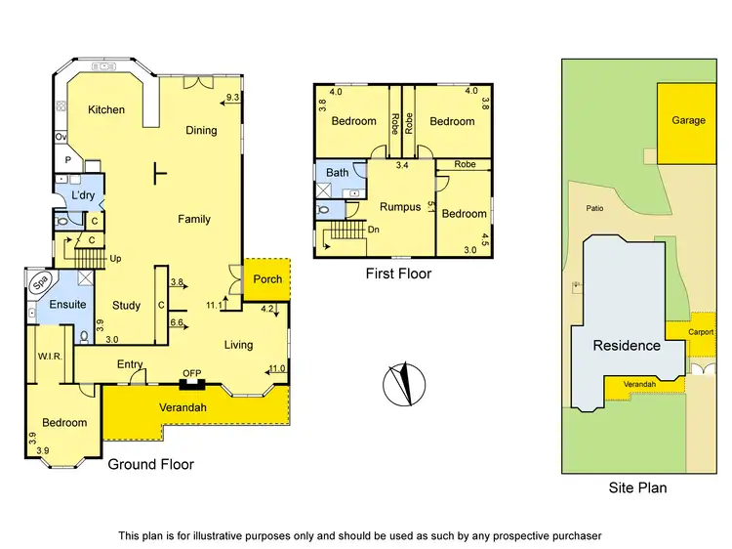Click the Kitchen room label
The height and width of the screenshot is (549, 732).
click(x=106, y=109)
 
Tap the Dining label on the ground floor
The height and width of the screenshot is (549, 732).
click(x=201, y=130)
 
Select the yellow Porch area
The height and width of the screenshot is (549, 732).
click(x=266, y=279)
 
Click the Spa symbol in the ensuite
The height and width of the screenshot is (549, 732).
click(x=41, y=284)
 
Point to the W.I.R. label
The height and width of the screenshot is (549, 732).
click(x=50, y=357)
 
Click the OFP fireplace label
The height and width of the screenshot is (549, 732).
click(x=191, y=372)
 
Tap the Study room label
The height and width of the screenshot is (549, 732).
click(x=127, y=306)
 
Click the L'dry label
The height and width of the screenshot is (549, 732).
click(x=83, y=195)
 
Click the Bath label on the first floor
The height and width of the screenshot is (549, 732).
click(x=337, y=173)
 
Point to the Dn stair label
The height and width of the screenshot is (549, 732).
click(x=374, y=230)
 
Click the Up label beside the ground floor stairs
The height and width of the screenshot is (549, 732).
click(x=116, y=259)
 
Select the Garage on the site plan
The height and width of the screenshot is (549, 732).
click(x=688, y=121)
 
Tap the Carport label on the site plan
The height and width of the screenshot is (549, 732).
click(x=701, y=332)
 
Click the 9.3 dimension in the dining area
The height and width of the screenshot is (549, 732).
click(x=231, y=98)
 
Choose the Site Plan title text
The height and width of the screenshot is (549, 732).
click(x=637, y=486)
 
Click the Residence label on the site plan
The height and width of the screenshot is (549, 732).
click(x=627, y=345)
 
